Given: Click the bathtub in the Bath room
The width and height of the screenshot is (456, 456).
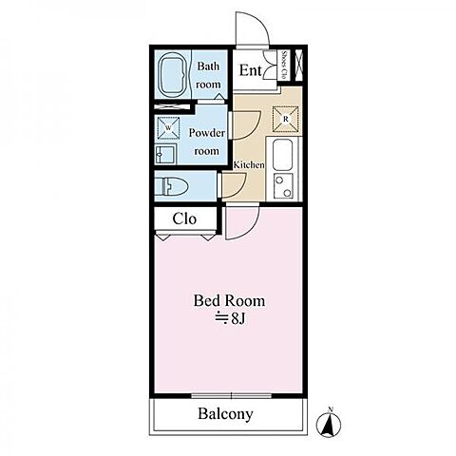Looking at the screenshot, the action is (x=173, y=75).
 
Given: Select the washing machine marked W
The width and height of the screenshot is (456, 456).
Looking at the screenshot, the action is (x=168, y=128).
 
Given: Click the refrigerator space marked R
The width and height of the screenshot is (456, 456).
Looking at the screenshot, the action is (x=286, y=119).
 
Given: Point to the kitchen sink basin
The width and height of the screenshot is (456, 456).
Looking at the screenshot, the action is (x=282, y=155).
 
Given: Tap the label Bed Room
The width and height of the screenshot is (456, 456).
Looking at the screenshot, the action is (x=229, y=300).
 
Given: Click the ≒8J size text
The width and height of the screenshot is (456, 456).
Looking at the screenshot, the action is (x=230, y=319).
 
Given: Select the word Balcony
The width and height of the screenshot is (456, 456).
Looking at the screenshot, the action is (x=225, y=414).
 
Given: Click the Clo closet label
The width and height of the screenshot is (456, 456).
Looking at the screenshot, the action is (x=184, y=218).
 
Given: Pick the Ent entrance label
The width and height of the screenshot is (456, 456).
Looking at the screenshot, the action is (x=251, y=70).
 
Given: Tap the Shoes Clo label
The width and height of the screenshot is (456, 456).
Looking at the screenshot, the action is (x=284, y=66).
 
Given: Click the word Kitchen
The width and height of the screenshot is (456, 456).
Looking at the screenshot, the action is (x=249, y=164).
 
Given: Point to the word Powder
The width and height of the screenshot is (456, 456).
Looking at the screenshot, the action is (x=207, y=133).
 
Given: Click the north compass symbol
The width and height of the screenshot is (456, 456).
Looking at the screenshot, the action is (x=329, y=422).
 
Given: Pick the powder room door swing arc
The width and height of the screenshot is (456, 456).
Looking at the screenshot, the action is (x=254, y=130).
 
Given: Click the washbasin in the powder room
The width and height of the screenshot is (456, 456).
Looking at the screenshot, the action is (x=165, y=154).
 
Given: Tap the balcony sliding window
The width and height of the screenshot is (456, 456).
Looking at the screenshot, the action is (x=232, y=395).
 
